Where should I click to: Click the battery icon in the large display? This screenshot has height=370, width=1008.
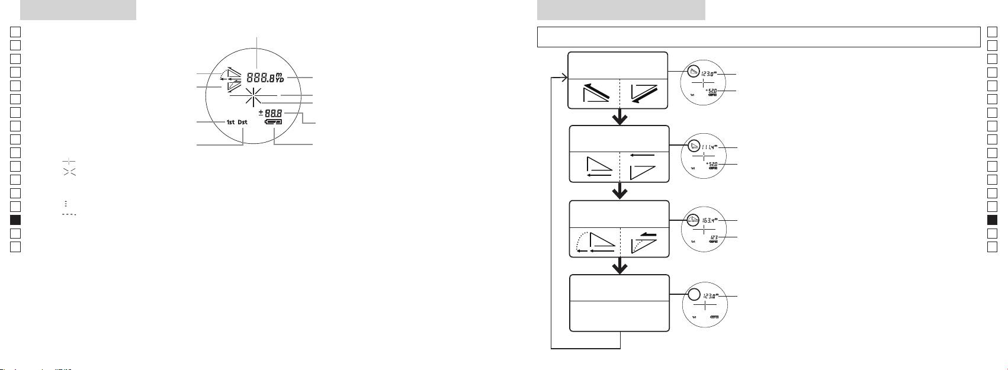point(274,123)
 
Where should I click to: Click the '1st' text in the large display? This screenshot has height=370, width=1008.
point(230,123)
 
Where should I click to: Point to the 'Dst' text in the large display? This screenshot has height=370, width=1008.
point(243,123)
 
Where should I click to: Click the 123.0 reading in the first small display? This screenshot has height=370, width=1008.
point(708,74)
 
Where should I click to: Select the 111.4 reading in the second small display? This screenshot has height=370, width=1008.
point(708,147)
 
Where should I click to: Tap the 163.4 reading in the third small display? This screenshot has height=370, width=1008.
point(708,220)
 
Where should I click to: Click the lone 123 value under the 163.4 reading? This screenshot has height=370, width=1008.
point(714,237)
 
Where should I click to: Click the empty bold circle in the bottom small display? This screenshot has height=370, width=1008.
point(694,295)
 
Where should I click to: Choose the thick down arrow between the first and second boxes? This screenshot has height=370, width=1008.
point(619,118)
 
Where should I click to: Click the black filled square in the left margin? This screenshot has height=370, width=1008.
point(16,220)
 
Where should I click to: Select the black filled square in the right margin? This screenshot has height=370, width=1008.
point(993,220)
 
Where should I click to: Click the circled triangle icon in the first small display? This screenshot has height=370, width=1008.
point(694,73)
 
